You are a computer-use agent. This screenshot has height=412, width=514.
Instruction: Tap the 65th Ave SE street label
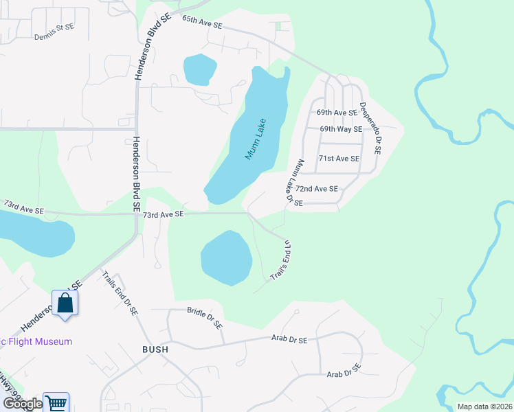click(202, 22)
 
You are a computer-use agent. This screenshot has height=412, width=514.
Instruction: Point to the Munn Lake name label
click(256, 140)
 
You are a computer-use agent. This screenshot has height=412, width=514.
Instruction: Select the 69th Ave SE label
click(336, 112)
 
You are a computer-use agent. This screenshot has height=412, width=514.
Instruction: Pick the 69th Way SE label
click(341, 129)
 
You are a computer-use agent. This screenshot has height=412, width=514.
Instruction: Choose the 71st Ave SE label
click(339, 159)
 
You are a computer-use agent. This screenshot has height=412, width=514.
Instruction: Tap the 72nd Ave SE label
click(317, 188)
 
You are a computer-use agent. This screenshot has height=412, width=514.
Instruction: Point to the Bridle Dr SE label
click(205, 317)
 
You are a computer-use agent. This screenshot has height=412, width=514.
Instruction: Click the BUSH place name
click(155, 349)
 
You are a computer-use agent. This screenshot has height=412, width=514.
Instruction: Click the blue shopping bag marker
click(65, 303)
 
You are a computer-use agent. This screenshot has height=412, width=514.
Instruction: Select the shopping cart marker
click(56, 403)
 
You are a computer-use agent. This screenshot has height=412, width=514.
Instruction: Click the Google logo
click(22, 404)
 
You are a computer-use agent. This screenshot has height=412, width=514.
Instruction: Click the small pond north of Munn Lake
click(200, 69)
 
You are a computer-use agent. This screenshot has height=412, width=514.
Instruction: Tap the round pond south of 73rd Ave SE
click(225, 257)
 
